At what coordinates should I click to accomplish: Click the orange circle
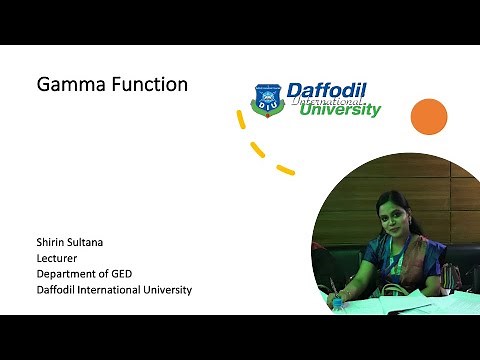pos(428,116)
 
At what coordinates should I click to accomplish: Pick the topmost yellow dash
pos(241,120)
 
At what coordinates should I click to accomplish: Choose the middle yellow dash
pos(258,151)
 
